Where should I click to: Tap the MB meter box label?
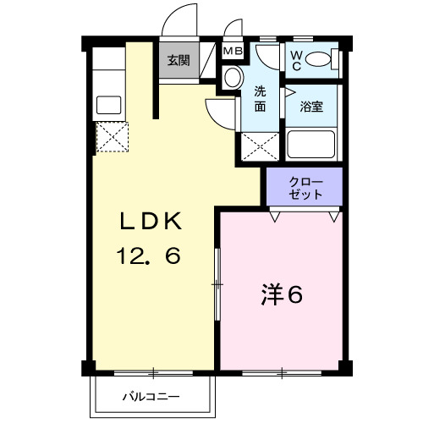[232, 52]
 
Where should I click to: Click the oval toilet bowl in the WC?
[319, 59]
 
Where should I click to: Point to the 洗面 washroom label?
[261, 100]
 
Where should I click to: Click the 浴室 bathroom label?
[312, 107]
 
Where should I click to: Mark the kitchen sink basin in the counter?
[109, 106]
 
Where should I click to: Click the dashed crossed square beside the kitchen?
[110, 136]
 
